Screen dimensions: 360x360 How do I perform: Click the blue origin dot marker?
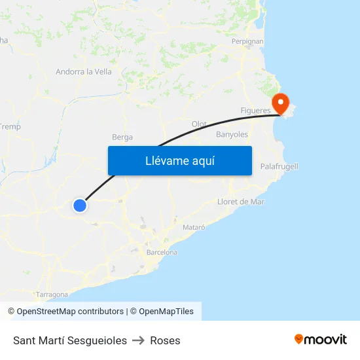pos(80,206)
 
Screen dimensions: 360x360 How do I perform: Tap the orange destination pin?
pos(280,103)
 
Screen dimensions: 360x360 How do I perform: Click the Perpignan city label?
pos(247,41)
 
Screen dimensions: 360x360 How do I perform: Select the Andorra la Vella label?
pos(84,72)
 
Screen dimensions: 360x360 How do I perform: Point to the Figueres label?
pos(255,111)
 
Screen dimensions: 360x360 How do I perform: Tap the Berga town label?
pos(122,137)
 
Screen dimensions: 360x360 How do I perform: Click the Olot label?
pos(199,124)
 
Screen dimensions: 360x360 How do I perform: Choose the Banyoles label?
pos(232,135)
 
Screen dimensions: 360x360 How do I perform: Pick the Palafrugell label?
pos(279,166)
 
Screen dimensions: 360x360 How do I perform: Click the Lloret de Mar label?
pos(241,202)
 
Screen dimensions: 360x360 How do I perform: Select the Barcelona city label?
pos(162,252)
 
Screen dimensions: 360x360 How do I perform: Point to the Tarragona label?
pos(52,295)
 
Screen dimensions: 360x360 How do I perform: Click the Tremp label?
pos(10,126)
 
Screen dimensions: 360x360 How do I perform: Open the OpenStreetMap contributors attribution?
pos(65,312)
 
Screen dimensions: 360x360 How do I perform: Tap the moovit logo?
pos(321,339)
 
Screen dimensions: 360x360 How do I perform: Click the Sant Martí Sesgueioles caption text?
pos(70,340)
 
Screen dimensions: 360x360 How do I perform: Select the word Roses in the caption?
pos(165,340)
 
